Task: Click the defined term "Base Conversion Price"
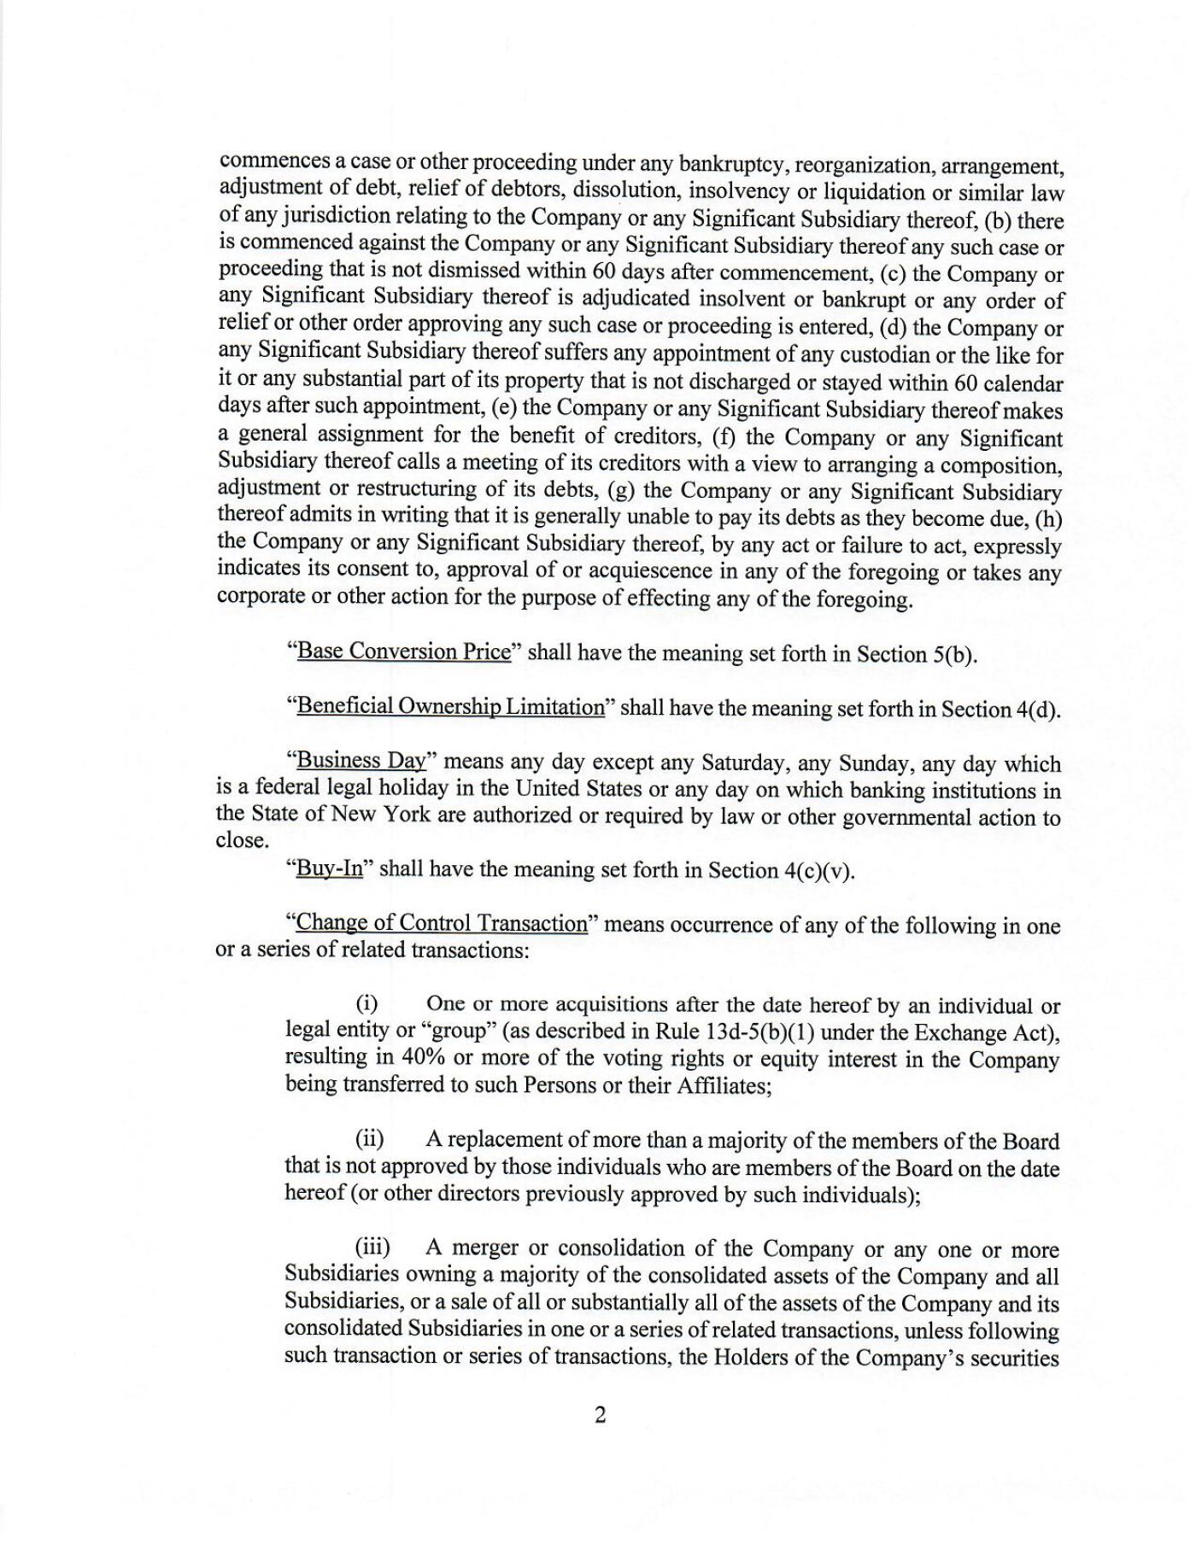pos(402,652)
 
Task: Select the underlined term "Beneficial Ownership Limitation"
pos(449,708)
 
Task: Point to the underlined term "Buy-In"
pos(329,869)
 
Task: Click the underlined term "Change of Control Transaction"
pos(441,925)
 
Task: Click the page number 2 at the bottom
pos(600,1415)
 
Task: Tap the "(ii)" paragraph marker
pos(370,1140)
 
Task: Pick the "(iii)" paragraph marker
pos(372,1248)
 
